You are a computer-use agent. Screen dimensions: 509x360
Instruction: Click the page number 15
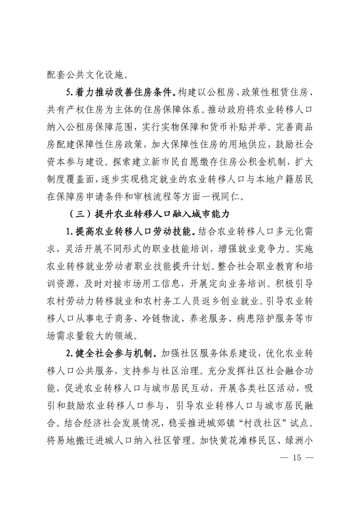[x=297, y=457]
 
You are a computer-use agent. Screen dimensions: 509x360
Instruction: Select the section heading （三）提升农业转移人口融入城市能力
[x=149, y=214]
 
